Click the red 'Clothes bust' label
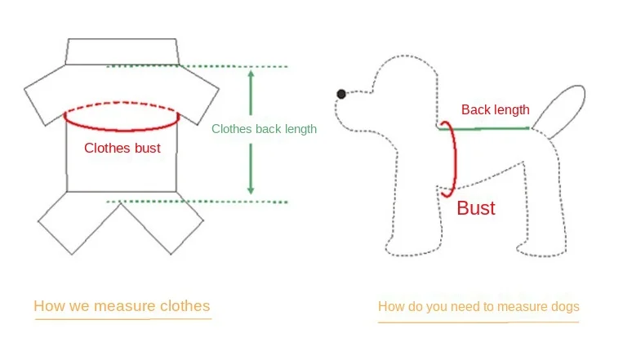[122, 148]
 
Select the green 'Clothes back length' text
[264, 129]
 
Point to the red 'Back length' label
[495, 109]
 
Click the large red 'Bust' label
[476, 208]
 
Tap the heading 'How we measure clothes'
[122, 306]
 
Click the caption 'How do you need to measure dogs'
[478, 307]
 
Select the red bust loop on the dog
[450, 159]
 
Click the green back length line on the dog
[490, 127]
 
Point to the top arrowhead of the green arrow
[251, 73]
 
